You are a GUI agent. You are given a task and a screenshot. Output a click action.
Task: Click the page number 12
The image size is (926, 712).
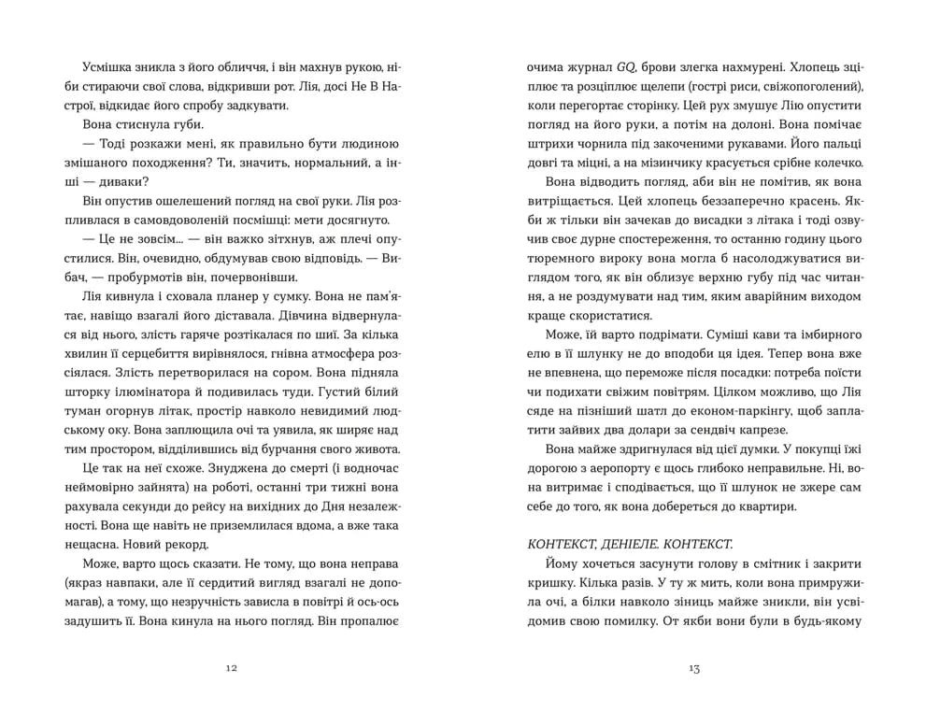[232, 668]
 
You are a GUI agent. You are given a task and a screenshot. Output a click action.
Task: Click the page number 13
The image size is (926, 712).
[693, 668]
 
